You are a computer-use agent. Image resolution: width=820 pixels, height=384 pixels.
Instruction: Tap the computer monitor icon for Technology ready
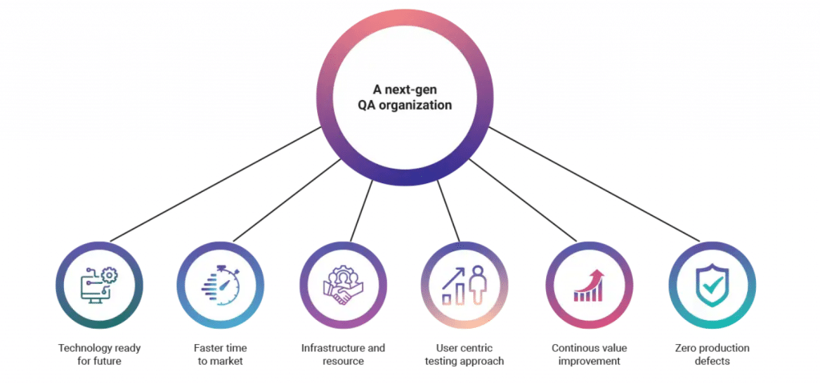coord(94,290)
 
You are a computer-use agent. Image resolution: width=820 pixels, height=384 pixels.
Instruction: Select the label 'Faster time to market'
coord(220,354)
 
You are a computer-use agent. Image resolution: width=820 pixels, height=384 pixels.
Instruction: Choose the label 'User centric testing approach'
coord(464,354)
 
